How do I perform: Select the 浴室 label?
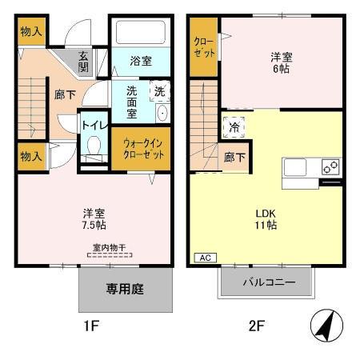(x=141, y=61)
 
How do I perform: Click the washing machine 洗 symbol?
(x=159, y=91)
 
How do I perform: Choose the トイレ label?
(x=93, y=124)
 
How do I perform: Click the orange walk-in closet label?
(x=144, y=149)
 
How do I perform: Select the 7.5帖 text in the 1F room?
(x=94, y=226)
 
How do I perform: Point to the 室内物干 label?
(x=109, y=247)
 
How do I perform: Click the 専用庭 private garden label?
(x=126, y=289)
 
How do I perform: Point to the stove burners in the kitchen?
(x=330, y=167)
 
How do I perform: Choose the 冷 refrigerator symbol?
(x=234, y=126)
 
